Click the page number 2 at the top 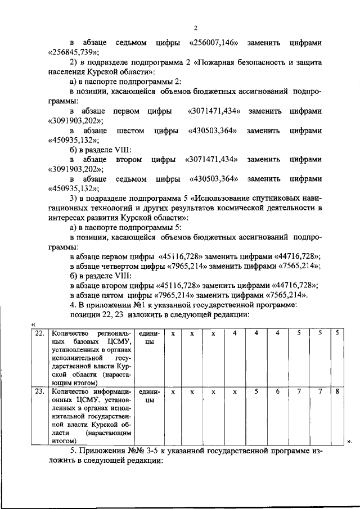tap(195, 28)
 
